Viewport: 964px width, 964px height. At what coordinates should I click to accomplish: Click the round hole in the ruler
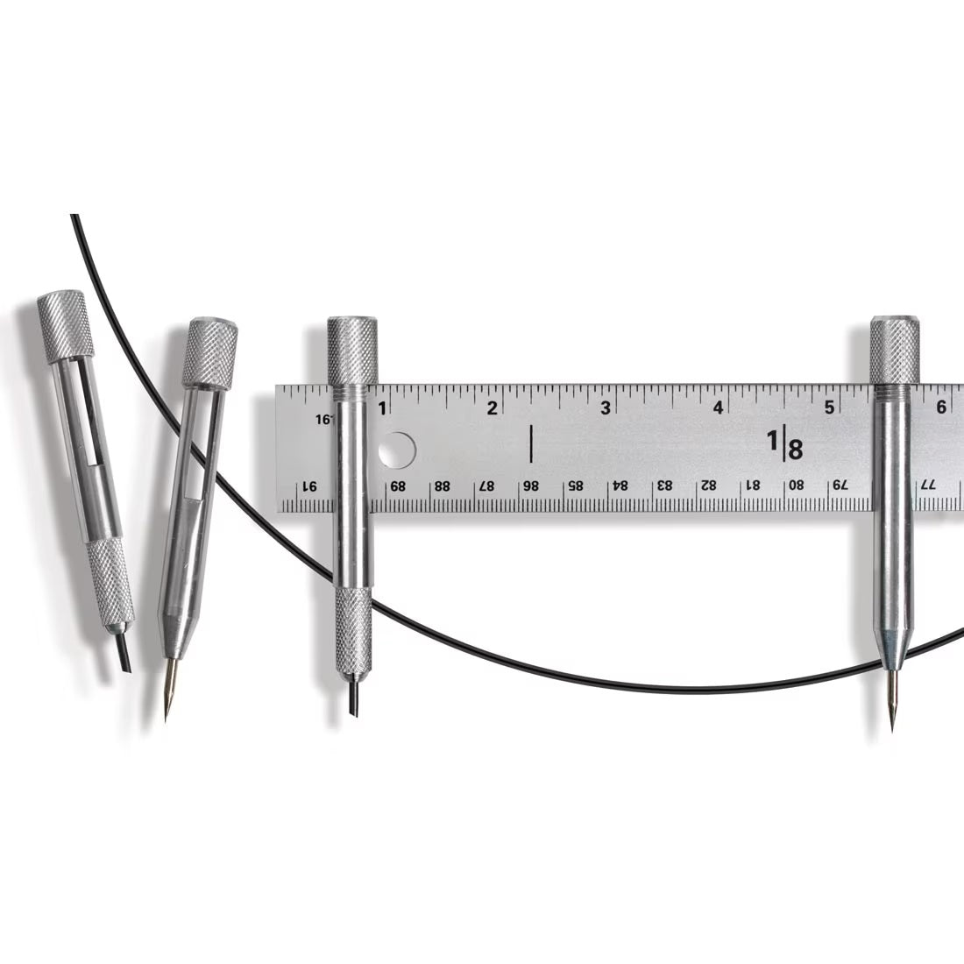tap(398, 450)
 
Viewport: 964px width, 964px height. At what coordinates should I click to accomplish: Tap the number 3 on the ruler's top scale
tap(606, 408)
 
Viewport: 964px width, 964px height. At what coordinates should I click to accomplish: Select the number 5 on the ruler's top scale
tap(828, 408)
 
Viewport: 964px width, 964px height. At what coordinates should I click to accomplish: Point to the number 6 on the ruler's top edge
tap(940, 408)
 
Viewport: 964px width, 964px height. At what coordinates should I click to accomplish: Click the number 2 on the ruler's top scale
tap(493, 408)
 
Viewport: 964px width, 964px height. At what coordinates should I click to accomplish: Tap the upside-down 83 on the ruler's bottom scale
tap(664, 485)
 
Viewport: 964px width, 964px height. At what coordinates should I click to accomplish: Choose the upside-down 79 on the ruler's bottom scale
tap(839, 485)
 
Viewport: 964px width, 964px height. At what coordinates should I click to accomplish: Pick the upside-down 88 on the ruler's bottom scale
tap(443, 485)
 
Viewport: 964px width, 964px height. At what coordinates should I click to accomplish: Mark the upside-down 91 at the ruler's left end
tap(308, 485)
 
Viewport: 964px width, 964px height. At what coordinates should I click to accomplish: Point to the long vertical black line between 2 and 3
tap(531, 443)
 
